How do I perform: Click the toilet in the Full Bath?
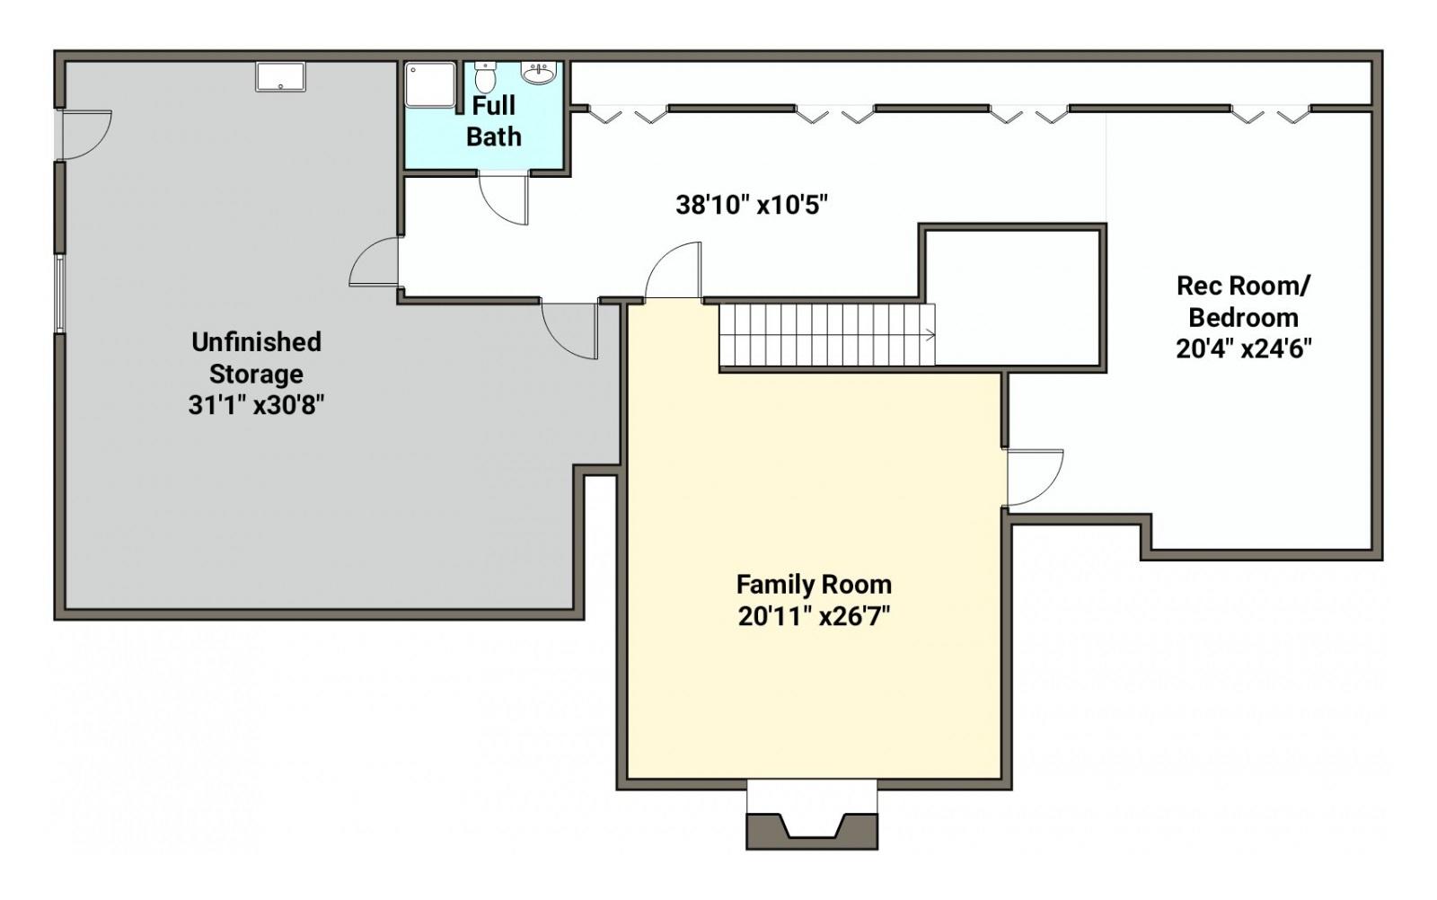pos(484,77)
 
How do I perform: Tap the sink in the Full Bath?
pos(539,73)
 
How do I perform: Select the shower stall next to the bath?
pos(430,84)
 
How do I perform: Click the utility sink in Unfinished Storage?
pos(280,76)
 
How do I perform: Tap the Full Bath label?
pos(493,120)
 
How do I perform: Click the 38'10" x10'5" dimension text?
pos(751,206)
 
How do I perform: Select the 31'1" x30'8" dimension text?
pos(256,405)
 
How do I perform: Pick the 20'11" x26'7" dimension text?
pos(814,616)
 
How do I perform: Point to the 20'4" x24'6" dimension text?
pos(1243,349)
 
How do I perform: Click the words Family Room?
pos(814,585)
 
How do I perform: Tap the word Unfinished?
pos(256,342)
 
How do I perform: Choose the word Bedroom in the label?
pos(1243,318)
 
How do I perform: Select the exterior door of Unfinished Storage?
pos(84,135)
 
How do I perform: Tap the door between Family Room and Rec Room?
pos(1034,478)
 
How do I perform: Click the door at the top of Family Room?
pos(673,270)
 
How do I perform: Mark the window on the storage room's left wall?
pos(59,294)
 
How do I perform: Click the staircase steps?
pos(827,335)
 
